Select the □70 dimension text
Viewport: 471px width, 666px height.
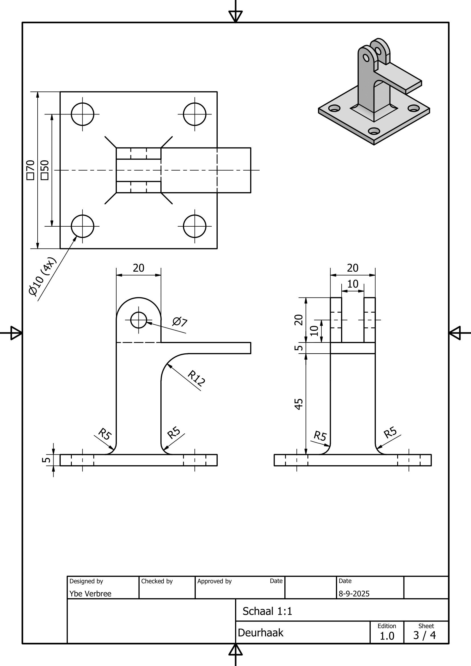(30, 170)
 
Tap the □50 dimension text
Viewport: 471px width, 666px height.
(45, 170)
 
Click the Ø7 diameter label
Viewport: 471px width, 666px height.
(180, 322)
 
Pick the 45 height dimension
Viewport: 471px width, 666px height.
(299, 404)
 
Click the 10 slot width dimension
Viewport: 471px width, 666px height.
(352, 284)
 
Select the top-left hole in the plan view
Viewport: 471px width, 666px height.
(82, 114)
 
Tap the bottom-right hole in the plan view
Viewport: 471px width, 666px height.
(195, 226)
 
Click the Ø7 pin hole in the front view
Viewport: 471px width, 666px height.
(139, 320)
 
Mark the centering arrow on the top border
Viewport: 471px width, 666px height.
(235, 16)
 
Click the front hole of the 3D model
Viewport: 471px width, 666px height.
(374, 131)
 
